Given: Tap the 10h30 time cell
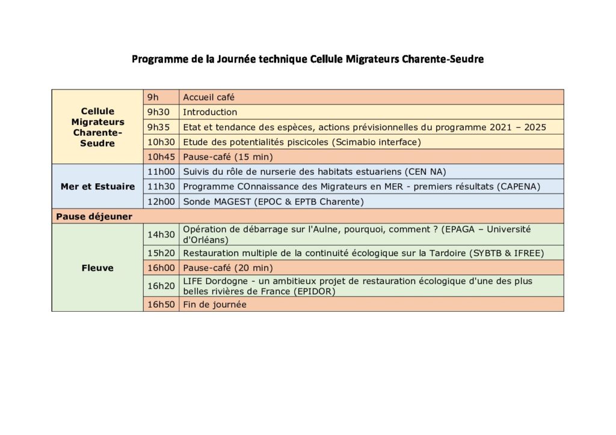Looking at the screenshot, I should pyautogui.click(x=161, y=142).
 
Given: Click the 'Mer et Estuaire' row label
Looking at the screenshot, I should pyautogui.click(x=97, y=186).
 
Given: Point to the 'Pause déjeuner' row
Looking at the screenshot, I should pyautogui.click(x=94, y=216).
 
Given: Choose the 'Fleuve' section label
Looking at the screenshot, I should pyautogui.click(x=97, y=268).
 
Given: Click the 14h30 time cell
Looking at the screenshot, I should pyautogui.click(x=161, y=234).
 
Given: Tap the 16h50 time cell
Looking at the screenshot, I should pyautogui.click(x=161, y=305).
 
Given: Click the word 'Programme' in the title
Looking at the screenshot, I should pyautogui.click(x=158, y=59).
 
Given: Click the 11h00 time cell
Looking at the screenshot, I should pyautogui.click(x=161, y=171).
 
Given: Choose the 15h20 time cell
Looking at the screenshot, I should pyautogui.click(x=161, y=253).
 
